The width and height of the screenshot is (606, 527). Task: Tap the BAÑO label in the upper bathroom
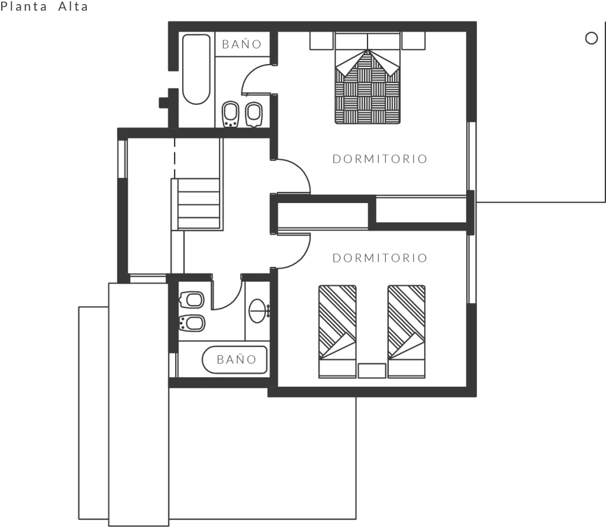tap(241, 44)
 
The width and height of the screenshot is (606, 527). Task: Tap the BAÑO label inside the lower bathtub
tap(236, 359)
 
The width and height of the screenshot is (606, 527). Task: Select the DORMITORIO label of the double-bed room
tap(379, 159)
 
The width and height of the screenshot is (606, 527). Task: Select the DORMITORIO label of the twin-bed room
tap(379, 258)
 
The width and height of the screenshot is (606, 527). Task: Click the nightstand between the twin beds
tap(372, 371)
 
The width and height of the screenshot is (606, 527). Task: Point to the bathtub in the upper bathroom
tap(196, 69)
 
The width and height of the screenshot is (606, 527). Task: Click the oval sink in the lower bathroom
tap(257, 309)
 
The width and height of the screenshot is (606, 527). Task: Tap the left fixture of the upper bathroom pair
tap(229, 114)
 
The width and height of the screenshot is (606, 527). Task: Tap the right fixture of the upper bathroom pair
tap(254, 114)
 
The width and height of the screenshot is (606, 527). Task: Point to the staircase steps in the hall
tap(198, 204)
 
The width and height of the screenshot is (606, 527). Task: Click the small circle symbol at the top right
tap(591, 38)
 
